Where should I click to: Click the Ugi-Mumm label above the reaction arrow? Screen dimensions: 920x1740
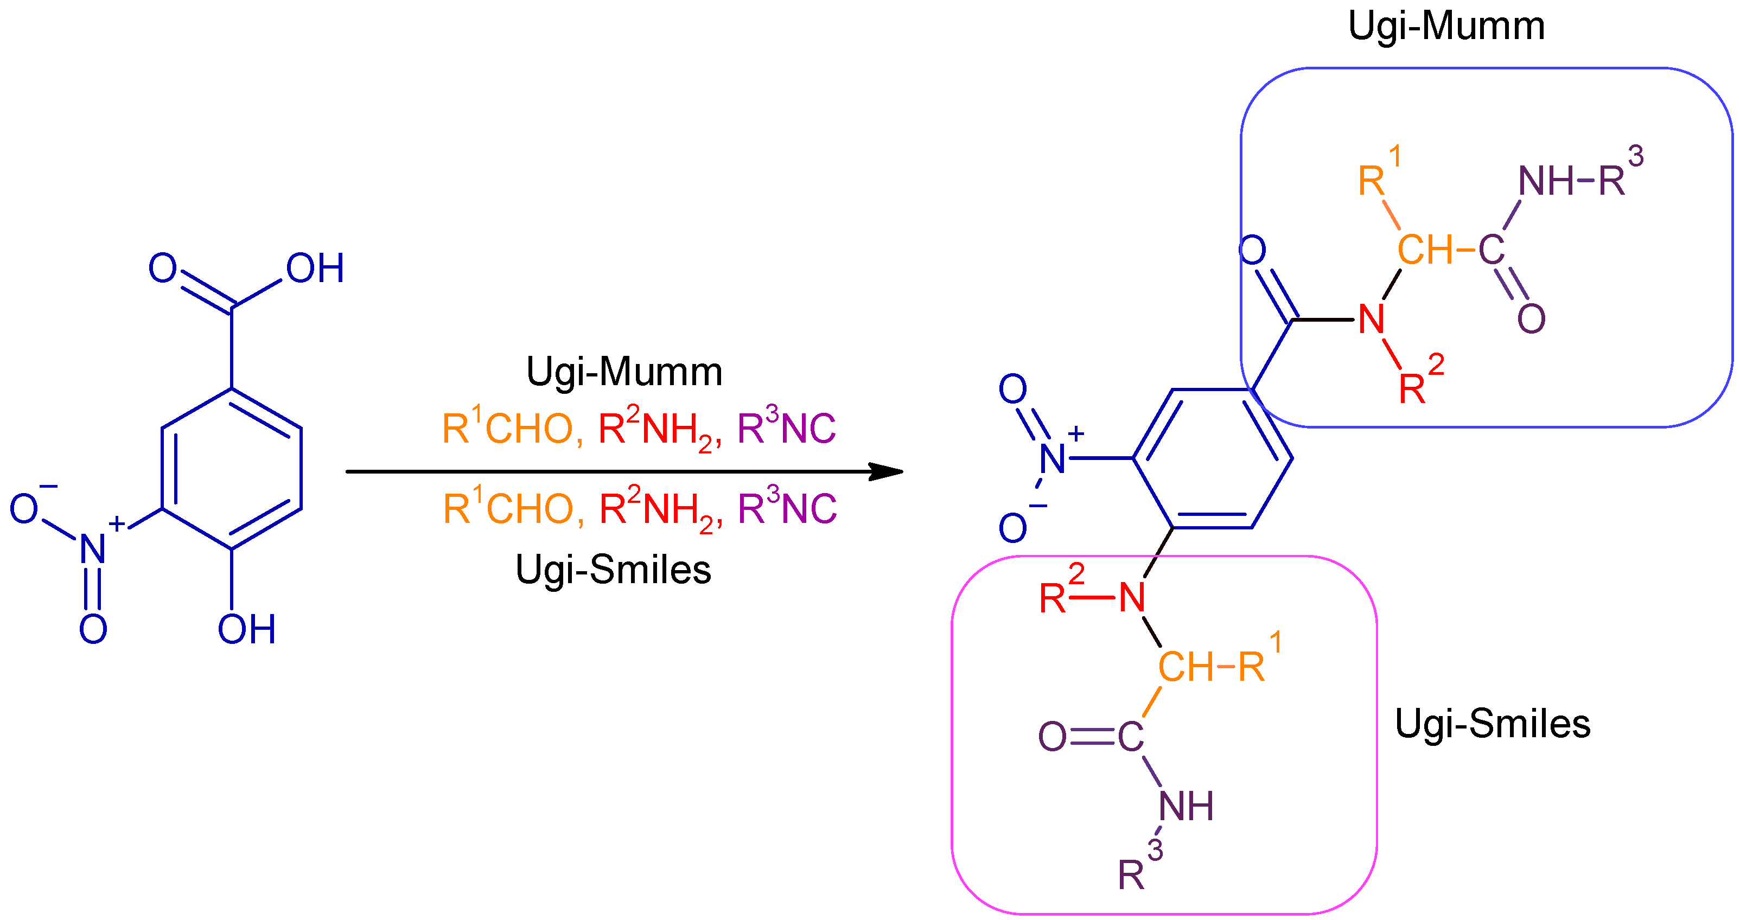pyautogui.click(x=623, y=372)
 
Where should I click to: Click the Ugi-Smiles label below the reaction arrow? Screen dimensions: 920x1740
pyautogui.click(x=613, y=570)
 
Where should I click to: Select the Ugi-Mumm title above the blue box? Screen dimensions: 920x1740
pyautogui.click(x=1446, y=27)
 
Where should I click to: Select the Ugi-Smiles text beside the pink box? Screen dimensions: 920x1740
pyautogui.click(x=1492, y=724)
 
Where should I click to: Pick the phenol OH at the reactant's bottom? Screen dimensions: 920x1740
pyautogui.click(x=246, y=630)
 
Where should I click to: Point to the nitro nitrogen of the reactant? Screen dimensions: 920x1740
pyautogui.click(x=93, y=548)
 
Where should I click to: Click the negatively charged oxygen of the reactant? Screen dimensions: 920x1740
pyautogui.click(x=24, y=508)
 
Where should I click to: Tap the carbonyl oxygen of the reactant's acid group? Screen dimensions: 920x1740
pyautogui.click(x=163, y=268)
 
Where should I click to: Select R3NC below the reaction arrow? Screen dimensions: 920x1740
pyautogui.click(x=787, y=508)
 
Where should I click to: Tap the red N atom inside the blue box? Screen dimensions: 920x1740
pyautogui.click(x=1371, y=320)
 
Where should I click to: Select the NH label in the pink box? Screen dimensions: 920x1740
pyautogui.click(x=1186, y=807)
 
